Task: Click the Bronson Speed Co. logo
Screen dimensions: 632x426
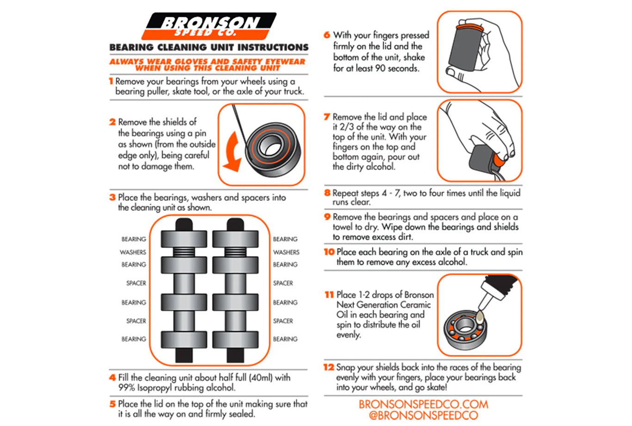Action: [x=209, y=26]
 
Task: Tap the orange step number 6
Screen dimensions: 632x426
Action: [x=327, y=35]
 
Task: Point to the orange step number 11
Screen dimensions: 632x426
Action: [x=329, y=295]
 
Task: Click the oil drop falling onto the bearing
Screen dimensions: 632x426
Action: [x=479, y=316]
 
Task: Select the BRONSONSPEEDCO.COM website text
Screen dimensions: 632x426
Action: [x=423, y=405]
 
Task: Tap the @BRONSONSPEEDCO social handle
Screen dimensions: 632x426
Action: [x=423, y=415]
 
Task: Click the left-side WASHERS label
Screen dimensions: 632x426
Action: [x=133, y=252]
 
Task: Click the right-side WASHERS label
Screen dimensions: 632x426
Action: [x=286, y=252]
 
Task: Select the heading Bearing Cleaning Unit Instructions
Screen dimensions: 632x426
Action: [x=209, y=47]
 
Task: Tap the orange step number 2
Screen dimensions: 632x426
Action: [x=112, y=122]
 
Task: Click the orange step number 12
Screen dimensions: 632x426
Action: [x=328, y=367]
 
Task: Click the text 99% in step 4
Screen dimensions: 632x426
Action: [x=126, y=388]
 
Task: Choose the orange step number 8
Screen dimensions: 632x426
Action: [x=327, y=193]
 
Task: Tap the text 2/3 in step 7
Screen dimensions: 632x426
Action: [x=346, y=127]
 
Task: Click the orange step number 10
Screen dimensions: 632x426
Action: [x=329, y=252]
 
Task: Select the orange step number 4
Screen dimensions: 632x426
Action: [x=112, y=377]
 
